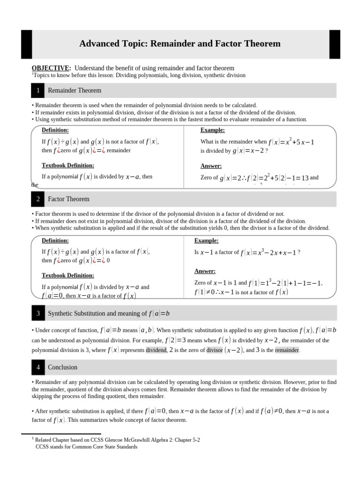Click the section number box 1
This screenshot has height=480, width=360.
pyautogui.click(x=38, y=90)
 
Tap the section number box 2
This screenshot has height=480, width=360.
pyautogui.click(x=38, y=199)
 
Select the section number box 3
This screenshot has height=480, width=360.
pyautogui.click(x=38, y=313)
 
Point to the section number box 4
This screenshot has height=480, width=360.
pyautogui.click(x=38, y=367)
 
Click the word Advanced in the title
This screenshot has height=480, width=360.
pyautogui.click(x=98, y=44)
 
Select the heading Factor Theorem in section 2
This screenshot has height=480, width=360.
pyautogui.click(x=68, y=199)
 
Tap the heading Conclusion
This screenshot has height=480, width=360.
pyautogui.click(x=63, y=367)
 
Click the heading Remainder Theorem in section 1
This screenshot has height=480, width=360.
pyautogui.click(x=75, y=90)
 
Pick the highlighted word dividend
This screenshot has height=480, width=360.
pyautogui.click(x=156, y=350)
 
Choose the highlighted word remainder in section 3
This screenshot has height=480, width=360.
pyautogui.click(x=287, y=350)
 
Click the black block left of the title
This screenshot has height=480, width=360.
pyautogui.click(x=26, y=44)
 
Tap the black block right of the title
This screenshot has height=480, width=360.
pyautogui.click(x=335, y=44)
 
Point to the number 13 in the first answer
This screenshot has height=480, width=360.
pyautogui.click(x=305, y=178)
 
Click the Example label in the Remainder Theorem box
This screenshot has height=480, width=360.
pyautogui.click(x=212, y=130)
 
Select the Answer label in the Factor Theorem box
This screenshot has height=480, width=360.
pyautogui.click(x=205, y=271)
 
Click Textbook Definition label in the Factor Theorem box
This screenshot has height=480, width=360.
pyautogui.click(x=68, y=275)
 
